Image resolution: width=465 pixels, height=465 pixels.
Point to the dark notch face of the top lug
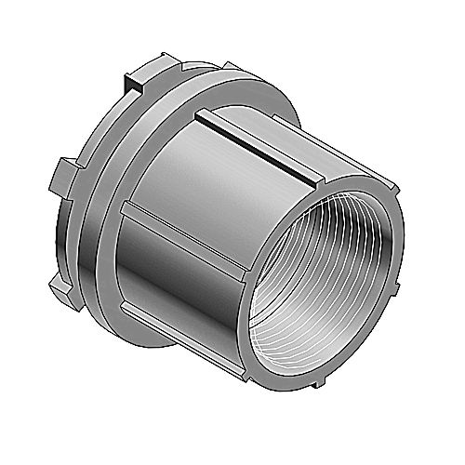point(139,86)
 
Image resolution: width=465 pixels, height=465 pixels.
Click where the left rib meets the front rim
point(246,269)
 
